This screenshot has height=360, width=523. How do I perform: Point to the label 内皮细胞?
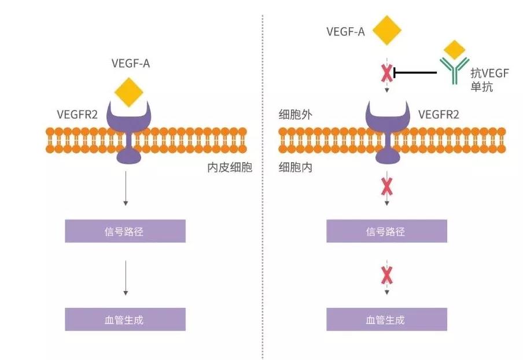[230, 168]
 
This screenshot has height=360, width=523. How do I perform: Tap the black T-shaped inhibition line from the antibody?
[414, 73]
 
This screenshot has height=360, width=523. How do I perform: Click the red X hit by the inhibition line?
[386, 73]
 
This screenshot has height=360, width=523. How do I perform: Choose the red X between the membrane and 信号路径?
[386, 188]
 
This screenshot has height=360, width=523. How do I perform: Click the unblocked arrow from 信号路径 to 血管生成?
[126, 278]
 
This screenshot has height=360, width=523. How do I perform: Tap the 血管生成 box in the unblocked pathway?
[126, 319]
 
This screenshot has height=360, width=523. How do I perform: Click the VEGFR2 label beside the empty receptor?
[438, 115]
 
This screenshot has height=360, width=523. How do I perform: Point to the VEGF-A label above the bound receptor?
[131, 64]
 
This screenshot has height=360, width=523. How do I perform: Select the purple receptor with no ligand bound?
[386, 130]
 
